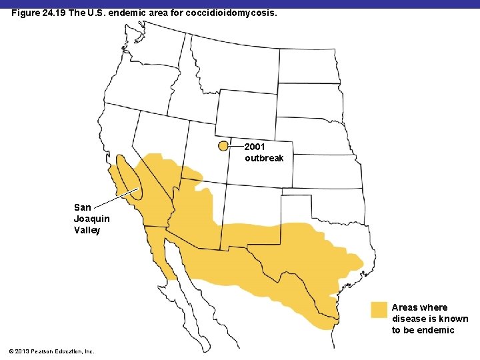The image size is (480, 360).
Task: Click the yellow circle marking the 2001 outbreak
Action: tap(223, 147)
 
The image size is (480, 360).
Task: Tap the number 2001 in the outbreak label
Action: tap(255, 147)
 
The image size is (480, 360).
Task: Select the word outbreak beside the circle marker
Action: tap(264, 158)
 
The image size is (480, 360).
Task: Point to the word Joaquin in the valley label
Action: tap(92, 219)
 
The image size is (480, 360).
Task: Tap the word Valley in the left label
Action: tap(87, 230)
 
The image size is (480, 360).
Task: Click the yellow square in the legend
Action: tap(379, 310)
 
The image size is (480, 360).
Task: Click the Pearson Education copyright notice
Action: tap(53, 351)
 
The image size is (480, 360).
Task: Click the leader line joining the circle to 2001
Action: tap(237, 146)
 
